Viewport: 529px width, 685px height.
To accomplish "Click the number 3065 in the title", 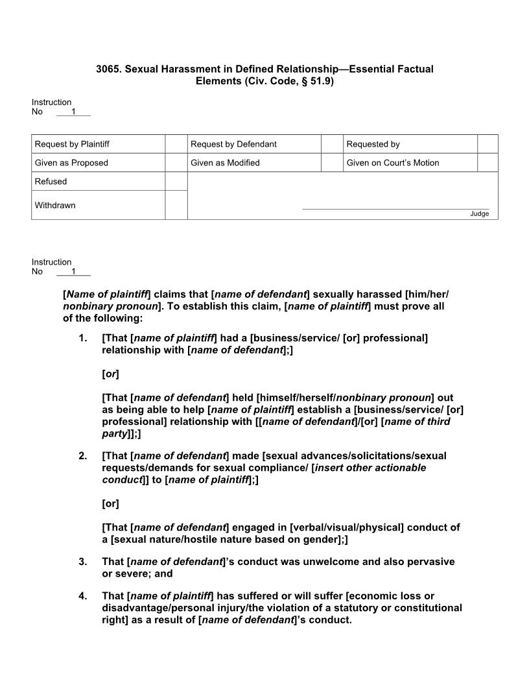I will pyautogui.click(x=108, y=69).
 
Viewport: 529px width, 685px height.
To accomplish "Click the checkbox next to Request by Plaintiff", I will pyautogui.click(x=176, y=144).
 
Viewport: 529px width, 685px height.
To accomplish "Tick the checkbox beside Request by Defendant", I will pyautogui.click(x=332, y=144).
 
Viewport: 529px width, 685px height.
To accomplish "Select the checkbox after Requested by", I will pyautogui.click(x=488, y=144).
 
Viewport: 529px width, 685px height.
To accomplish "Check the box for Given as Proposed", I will pyautogui.click(x=176, y=163).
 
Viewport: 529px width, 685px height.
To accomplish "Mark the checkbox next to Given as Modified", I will pyautogui.click(x=332, y=163).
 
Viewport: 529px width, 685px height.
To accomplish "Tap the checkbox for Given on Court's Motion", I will pyautogui.click(x=488, y=163).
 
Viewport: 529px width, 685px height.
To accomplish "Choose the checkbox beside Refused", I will pyautogui.click(x=176, y=182).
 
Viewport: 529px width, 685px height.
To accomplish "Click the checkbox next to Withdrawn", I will pyautogui.click(x=176, y=205).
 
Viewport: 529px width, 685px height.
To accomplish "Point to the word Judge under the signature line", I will pyautogui.click(x=480, y=214).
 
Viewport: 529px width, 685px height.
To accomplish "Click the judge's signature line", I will pyautogui.click(x=395, y=208).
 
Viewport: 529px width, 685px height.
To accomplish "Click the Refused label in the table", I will pyautogui.click(x=51, y=182).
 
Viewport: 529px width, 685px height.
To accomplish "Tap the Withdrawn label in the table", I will pyautogui.click(x=55, y=206).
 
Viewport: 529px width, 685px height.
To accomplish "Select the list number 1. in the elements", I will pyautogui.click(x=82, y=339).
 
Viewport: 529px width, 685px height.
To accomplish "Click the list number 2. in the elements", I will pyautogui.click(x=82, y=456).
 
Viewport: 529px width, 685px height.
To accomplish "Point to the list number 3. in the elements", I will pyautogui.click(x=82, y=562).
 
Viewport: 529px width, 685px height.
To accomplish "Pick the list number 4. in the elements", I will pyautogui.click(x=82, y=596).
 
